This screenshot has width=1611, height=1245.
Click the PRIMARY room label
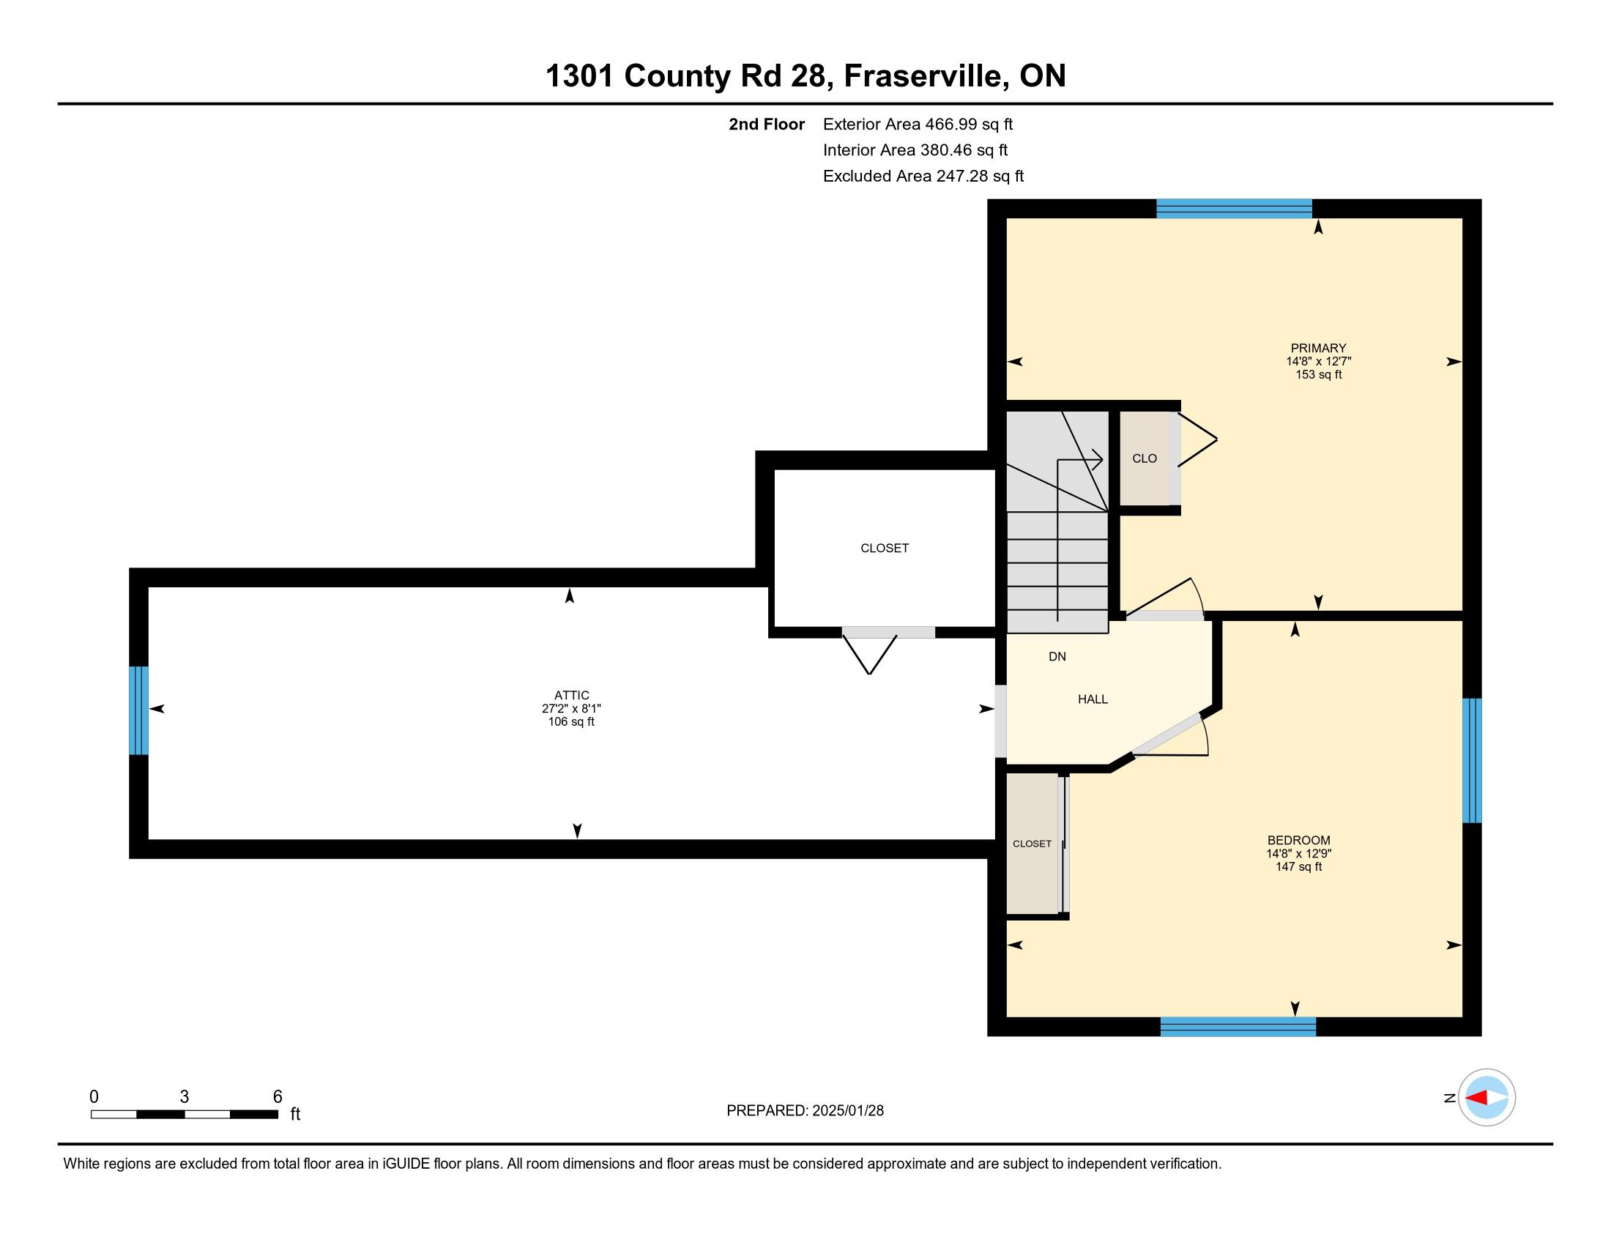[x=1318, y=348]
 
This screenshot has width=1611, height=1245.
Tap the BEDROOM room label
[x=1298, y=840]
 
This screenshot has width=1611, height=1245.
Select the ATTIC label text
[x=572, y=696]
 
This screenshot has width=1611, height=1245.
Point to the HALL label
[x=1093, y=699]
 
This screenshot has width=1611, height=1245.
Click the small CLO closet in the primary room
[x=1144, y=458]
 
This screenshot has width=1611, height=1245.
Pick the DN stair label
[x=1057, y=656]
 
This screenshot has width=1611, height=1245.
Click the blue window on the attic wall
[x=138, y=711]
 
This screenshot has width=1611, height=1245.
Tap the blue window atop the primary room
[x=1234, y=209]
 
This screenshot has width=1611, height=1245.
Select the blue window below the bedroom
[x=1238, y=1027]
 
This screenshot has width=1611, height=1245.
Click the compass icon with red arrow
[x=1487, y=1098]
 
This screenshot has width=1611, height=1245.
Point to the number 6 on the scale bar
[x=278, y=1097]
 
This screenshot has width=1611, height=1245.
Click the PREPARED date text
[x=805, y=1111]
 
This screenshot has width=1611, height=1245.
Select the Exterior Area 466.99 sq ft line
[x=918, y=124]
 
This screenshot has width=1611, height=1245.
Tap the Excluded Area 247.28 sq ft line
[x=923, y=176]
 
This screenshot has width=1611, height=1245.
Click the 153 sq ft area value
[x=1318, y=375]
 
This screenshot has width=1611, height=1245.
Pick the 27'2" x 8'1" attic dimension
[x=572, y=709]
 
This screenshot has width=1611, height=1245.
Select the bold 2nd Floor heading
[x=767, y=124]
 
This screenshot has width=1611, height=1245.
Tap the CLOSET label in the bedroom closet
[x=1032, y=844]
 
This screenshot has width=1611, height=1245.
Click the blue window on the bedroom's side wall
[x=1472, y=760]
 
